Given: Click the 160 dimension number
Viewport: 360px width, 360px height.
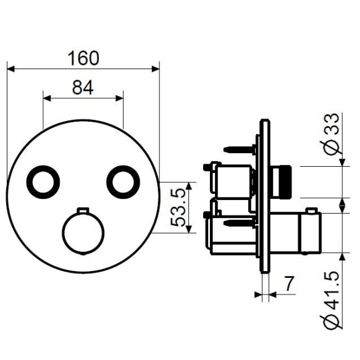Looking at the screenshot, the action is pyautogui.click(x=83, y=58).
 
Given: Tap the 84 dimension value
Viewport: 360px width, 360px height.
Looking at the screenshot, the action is pyautogui.click(x=83, y=88).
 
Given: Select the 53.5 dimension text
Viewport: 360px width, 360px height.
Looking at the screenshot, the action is pyautogui.click(x=178, y=207).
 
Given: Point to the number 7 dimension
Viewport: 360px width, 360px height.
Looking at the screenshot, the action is pyautogui.click(x=289, y=283).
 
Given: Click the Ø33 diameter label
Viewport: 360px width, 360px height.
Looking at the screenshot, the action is pyautogui.click(x=332, y=134).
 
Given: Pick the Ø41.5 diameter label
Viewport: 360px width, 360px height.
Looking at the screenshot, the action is pyautogui.click(x=332, y=300).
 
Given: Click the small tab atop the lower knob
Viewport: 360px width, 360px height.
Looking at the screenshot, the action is pyautogui.click(x=83, y=211).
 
